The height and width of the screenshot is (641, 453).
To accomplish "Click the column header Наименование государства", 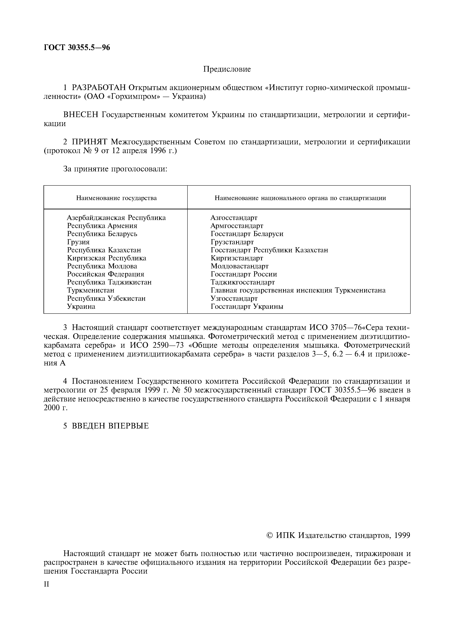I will click(116, 198).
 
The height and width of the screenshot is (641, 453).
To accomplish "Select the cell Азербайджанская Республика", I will click(116, 217).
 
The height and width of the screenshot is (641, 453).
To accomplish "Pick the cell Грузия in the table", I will click(78, 242).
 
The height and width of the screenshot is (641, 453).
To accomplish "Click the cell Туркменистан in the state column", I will click(91, 290).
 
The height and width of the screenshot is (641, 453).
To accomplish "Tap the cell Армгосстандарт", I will click(237, 226).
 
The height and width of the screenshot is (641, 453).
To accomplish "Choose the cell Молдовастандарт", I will click(240, 266).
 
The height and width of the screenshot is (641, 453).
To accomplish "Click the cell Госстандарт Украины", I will click(247, 307).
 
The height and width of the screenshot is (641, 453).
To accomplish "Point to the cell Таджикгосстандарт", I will click(242, 282).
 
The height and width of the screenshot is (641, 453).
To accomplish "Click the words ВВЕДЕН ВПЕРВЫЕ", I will click(110, 426).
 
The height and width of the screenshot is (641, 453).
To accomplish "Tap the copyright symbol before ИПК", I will click(270, 535).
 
